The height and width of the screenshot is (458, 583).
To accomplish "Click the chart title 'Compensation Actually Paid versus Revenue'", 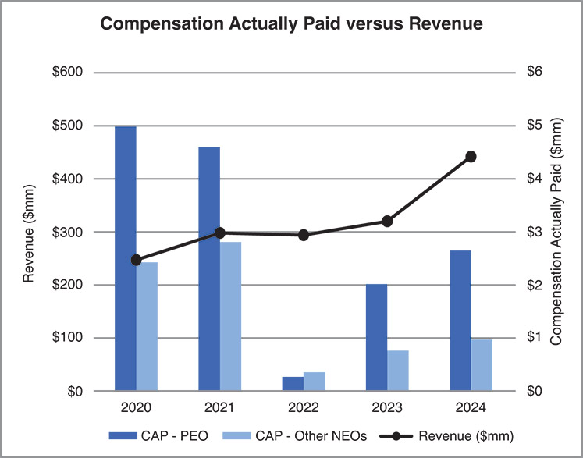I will pos(291,25).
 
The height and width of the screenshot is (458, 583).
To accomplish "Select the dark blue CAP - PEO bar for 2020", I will pos(126,258).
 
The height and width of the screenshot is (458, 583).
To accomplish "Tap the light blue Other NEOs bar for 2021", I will pos(230,316).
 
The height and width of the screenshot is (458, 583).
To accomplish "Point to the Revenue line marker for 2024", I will pos(471,157).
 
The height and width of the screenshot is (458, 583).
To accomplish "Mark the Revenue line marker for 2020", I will pos(136,260).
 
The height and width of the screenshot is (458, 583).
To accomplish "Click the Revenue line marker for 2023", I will pos(387,222).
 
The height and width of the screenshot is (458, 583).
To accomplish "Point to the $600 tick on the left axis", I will pos(68,73).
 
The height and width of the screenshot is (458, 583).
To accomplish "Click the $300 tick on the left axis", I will pos(68,232).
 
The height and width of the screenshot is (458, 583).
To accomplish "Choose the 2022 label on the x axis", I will pos(304,408).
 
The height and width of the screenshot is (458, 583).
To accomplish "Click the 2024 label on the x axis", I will pos(471,408).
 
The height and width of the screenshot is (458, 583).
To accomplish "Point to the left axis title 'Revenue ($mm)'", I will pos(29,232).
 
